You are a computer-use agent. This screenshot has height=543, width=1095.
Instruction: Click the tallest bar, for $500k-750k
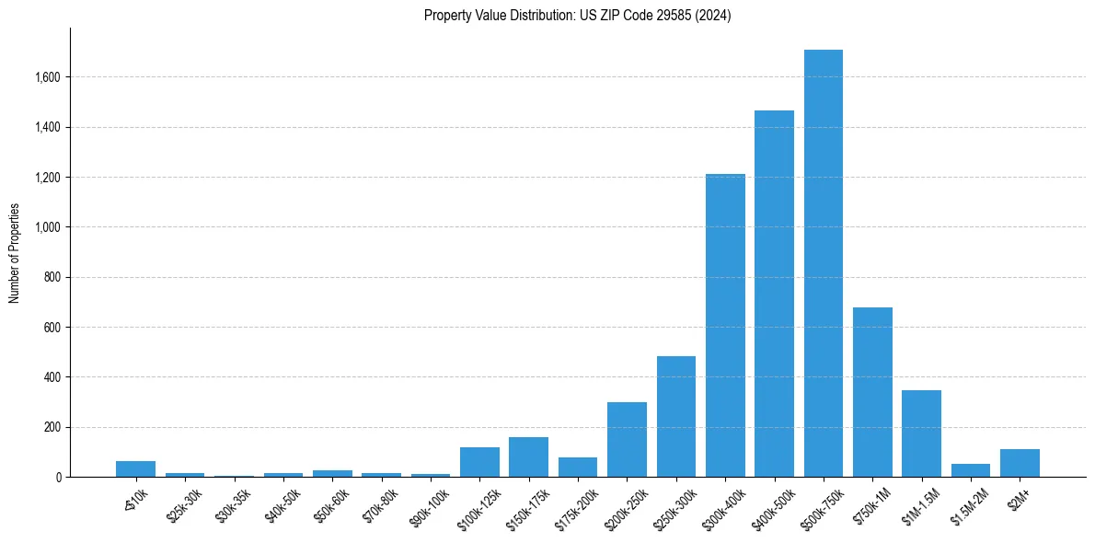click(x=823, y=263)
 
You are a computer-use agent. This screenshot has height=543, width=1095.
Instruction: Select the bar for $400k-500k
click(x=774, y=294)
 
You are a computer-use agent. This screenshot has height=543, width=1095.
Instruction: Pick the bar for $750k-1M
click(x=872, y=392)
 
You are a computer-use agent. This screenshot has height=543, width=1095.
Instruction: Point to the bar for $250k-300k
click(x=676, y=416)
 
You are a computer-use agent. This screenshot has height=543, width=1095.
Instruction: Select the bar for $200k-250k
click(x=627, y=439)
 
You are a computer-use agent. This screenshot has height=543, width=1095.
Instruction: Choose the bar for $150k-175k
click(x=528, y=456)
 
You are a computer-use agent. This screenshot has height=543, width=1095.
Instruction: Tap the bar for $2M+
click(x=1020, y=463)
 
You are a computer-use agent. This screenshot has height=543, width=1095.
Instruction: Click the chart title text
click(x=577, y=16)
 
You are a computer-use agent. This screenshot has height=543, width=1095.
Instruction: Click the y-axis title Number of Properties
click(x=15, y=253)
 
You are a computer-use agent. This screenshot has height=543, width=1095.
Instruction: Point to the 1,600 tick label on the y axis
click(x=46, y=77)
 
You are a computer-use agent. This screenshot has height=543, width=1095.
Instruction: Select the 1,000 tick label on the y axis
click(x=46, y=227)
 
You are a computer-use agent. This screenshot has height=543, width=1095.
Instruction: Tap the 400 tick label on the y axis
click(x=52, y=377)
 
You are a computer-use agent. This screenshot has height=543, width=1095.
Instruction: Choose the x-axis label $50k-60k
click(x=331, y=502)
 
